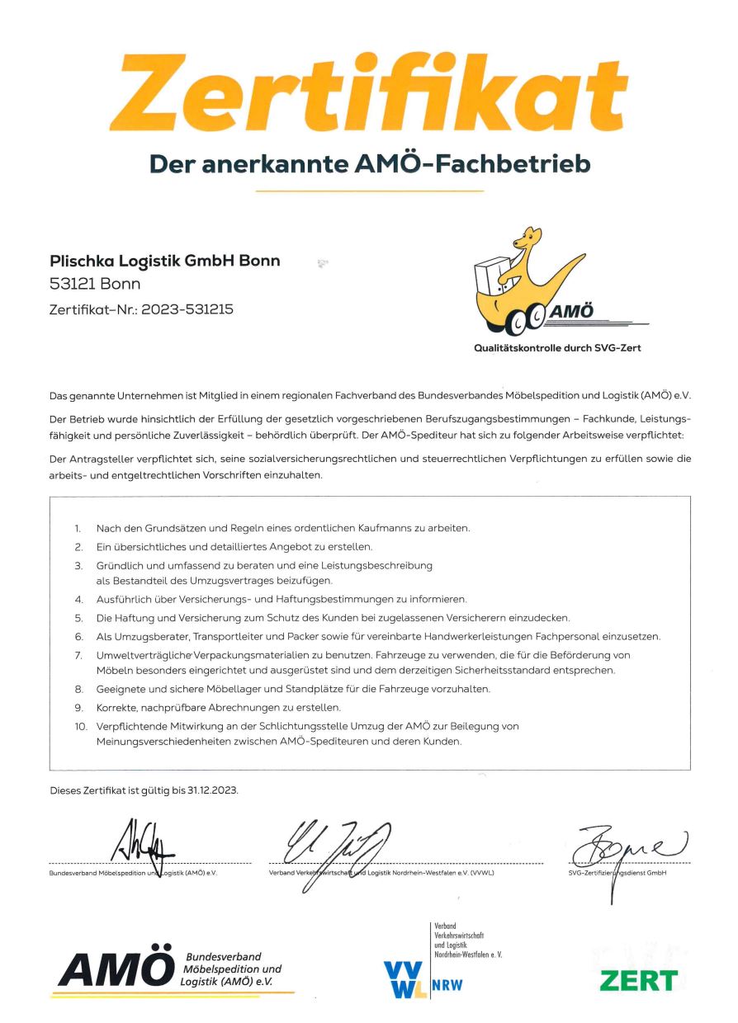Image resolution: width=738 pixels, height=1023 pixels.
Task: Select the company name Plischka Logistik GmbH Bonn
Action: [166, 261]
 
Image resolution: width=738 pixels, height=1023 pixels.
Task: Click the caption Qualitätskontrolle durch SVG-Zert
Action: [557, 348]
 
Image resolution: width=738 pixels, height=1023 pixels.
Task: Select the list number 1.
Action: [77, 527]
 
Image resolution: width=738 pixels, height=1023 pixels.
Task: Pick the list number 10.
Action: [78, 725]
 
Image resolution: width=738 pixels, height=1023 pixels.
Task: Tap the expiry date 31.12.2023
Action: [211, 790]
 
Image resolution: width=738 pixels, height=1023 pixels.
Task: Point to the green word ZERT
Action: [638, 980]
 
